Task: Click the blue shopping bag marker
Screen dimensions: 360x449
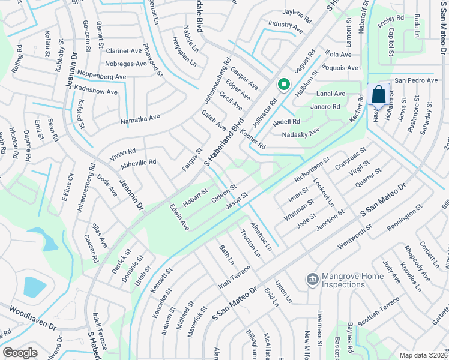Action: [x=378, y=95]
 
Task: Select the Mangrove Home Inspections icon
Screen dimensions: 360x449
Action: [x=312, y=279]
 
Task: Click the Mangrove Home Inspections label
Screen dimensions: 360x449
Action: [x=352, y=280]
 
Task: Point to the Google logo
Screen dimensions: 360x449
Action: [x=20, y=353]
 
